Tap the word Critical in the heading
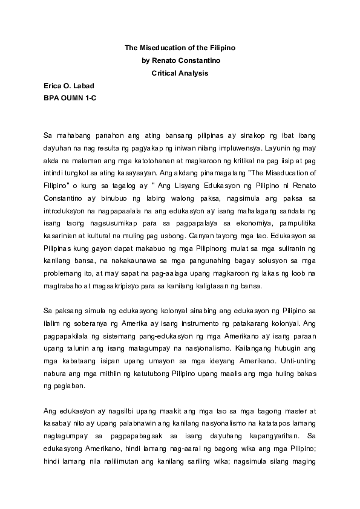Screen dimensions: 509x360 click(x=165, y=73)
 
